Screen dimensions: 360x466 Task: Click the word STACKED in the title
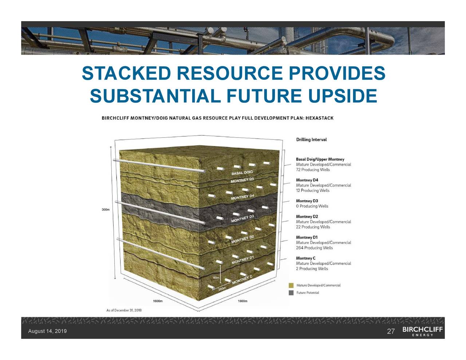click(126, 73)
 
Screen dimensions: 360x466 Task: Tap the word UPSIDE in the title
click(342, 96)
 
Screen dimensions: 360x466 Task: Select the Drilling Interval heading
click(311, 140)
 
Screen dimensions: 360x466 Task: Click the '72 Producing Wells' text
click(313, 170)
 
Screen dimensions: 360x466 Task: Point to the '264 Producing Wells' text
click(314, 248)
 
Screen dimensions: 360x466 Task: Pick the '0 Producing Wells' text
click(312, 206)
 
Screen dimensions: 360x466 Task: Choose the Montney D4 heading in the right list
click(307, 180)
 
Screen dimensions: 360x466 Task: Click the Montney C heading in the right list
click(305, 258)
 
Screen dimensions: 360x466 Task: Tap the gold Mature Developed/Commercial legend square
click(291, 285)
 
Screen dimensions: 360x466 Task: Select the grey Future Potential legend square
click(291, 293)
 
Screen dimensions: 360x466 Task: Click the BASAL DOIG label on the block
click(242, 173)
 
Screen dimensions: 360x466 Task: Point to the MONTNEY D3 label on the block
click(244, 218)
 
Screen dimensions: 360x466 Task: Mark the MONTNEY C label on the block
click(242, 280)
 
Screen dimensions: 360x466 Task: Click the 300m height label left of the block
click(105, 210)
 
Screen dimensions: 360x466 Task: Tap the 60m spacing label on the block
click(216, 278)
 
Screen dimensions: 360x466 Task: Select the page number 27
click(391, 331)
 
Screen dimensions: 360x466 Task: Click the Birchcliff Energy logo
click(422, 331)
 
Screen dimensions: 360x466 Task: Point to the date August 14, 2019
click(47, 331)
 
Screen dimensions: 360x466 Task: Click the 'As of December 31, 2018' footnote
click(124, 310)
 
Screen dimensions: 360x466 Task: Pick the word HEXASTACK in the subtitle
click(319, 118)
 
